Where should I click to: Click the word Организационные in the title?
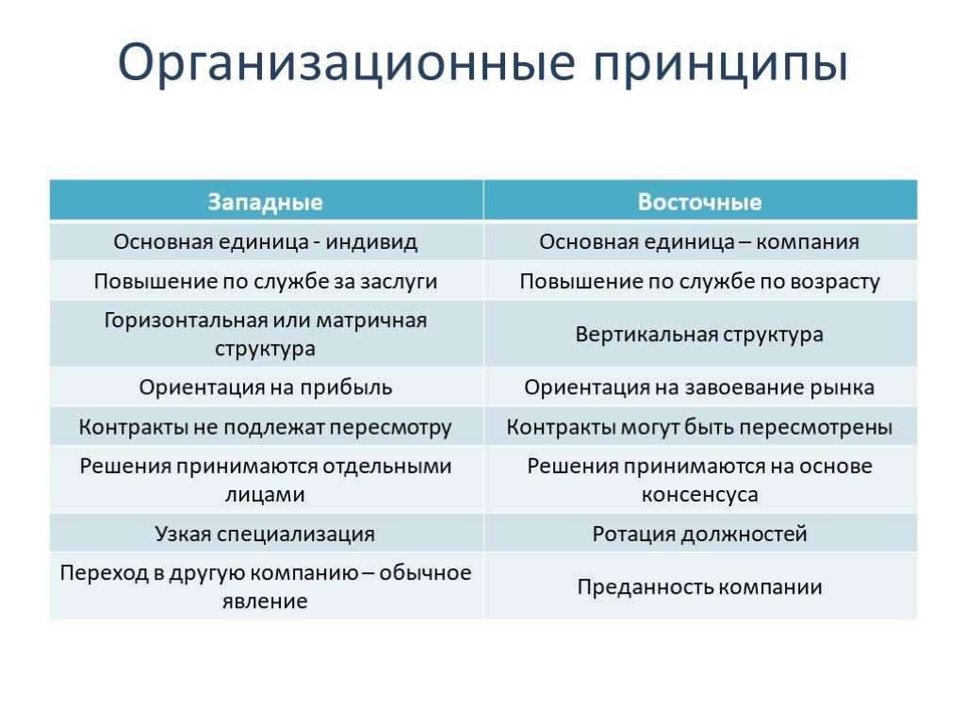coord(347,63)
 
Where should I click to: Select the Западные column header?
coord(265,202)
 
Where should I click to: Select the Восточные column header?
coord(700,202)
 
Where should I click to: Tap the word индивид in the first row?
coord(371,242)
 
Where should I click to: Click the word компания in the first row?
coord(808,242)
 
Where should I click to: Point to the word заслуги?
coord(399,282)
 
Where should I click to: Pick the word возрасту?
coord(835,282)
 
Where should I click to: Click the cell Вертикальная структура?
coord(699,335)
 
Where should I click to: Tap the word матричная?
coord(371,321)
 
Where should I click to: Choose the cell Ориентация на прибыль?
coord(265,387)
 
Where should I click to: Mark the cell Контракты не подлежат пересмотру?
coord(265,427)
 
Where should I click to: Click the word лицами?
coord(265,495)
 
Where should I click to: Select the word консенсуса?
coord(700,495)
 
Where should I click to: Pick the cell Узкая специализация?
coord(265,534)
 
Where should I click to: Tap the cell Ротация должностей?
coord(700,534)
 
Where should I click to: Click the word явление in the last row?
coord(265,601)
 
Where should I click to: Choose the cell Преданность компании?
coord(700,586)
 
